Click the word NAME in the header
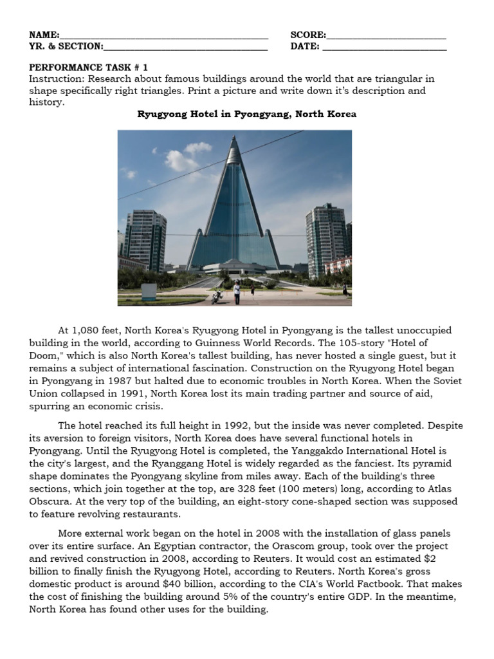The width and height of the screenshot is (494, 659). pos(43,35)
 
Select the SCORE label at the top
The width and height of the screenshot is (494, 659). pos(307,35)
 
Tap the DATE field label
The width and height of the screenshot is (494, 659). pos(304,46)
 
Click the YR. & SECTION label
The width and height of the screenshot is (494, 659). pos(66,46)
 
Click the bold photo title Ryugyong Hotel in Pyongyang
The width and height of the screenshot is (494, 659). pos(247,114)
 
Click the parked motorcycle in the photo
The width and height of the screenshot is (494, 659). pos(217,297)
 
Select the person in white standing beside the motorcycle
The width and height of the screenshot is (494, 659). pos(237,292)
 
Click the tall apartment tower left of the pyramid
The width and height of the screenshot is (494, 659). pos(145,239)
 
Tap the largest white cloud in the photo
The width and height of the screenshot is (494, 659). pos(181,159)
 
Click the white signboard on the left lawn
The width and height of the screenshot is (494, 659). pos(149,292)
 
